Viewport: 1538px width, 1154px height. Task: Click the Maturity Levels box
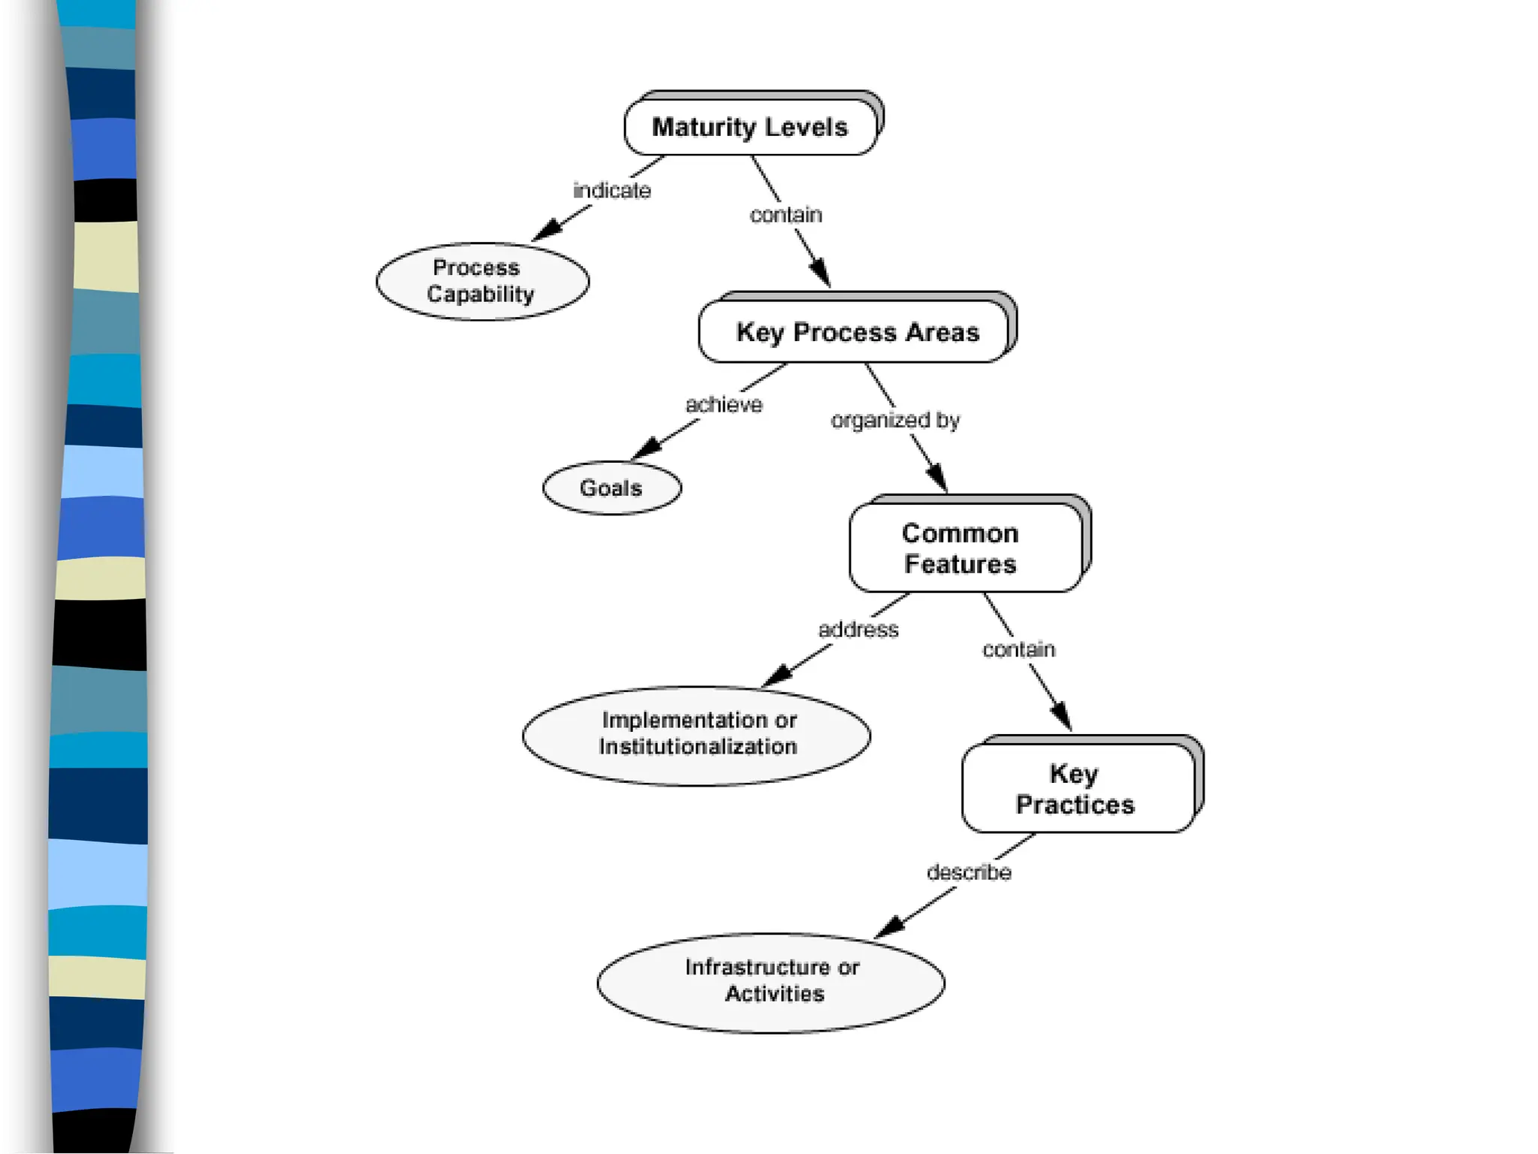pyautogui.click(x=750, y=127)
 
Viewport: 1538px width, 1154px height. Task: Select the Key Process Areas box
pyautogui.click(x=856, y=332)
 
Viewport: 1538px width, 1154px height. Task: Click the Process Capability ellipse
pyautogui.click(x=482, y=281)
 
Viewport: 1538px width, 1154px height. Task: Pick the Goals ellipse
pyautogui.click(x=611, y=488)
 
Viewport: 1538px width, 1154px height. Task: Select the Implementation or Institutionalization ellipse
pyautogui.click(x=696, y=735)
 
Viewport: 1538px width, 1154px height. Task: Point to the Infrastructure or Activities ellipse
pyautogui.click(x=771, y=981)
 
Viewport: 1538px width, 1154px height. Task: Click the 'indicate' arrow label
pyautogui.click(x=611, y=191)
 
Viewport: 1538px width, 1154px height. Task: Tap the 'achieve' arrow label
pyautogui.click(x=723, y=405)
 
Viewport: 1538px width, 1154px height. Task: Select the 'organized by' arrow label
pyautogui.click(x=894, y=420)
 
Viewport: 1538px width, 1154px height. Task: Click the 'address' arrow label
pyautogui.click(x=858, y=630)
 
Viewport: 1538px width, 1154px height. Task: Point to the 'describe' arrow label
pyautogui.click(x=968, y=872)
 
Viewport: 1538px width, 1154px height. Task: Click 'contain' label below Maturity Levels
pyautogui.click(x=786, y=215)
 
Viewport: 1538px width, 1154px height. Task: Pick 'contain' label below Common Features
pyautogui.click(x=1018, y=649)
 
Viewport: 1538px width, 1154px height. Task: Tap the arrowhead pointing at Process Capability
pyautogui.click(x=546, y=230)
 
